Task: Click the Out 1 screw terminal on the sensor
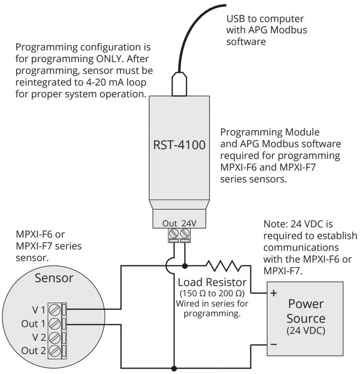(56, 323)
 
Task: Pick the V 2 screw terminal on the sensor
(56, 337)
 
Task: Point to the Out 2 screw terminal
(56, 351)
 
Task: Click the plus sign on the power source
(273, 293)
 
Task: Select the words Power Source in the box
(306, 311)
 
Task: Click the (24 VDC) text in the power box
(306, 330)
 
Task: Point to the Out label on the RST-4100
(170, 223)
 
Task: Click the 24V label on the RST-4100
(188, 223)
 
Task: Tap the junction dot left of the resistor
(184, 266)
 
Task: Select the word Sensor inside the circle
(54, 278)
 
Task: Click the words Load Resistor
(212, 283)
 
